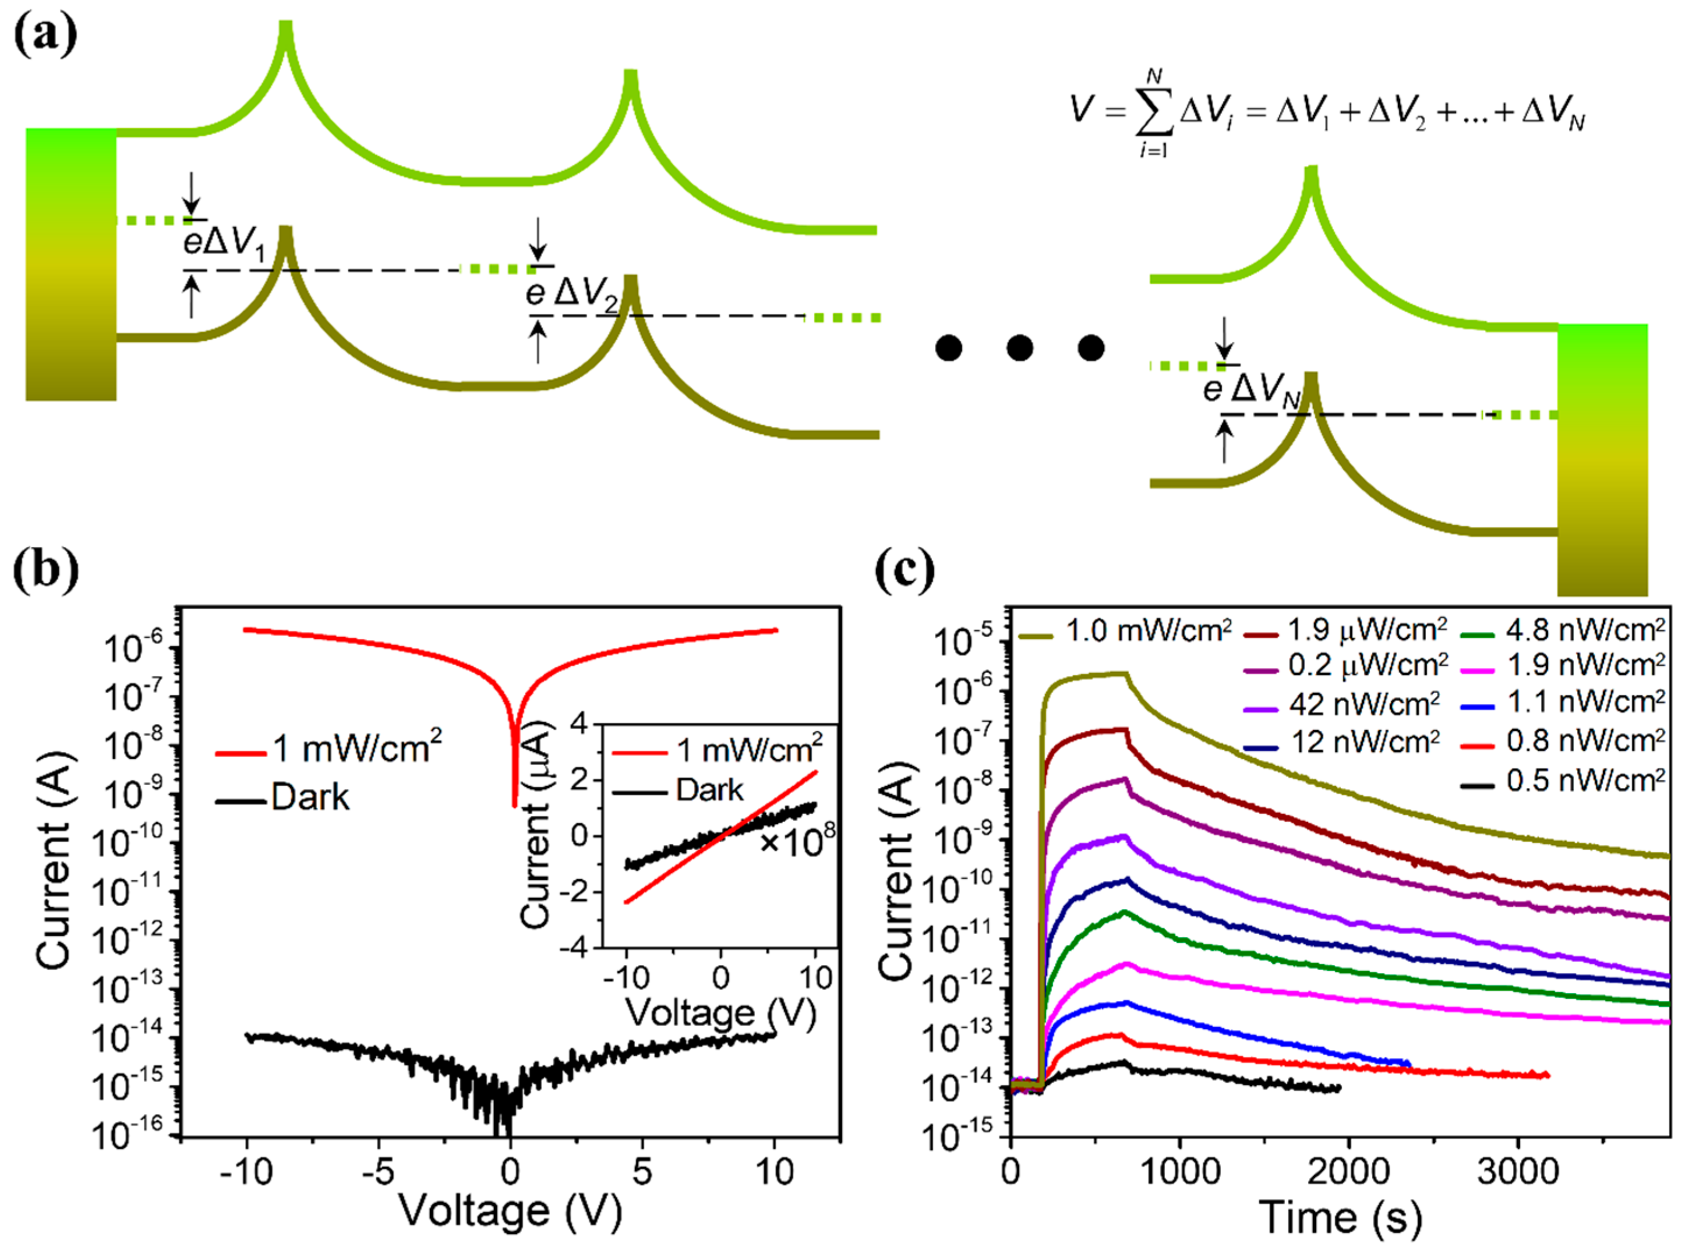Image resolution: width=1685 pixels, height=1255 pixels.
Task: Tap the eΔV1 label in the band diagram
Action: [225, 244]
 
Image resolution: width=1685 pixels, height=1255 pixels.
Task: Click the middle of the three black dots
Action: [1019, 349]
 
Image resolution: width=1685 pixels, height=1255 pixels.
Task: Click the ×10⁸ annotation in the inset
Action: [797, 841]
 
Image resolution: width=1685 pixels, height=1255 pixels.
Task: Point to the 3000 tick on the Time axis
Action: [1518, 1171]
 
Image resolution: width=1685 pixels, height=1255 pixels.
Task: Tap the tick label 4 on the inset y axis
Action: [580, 724]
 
